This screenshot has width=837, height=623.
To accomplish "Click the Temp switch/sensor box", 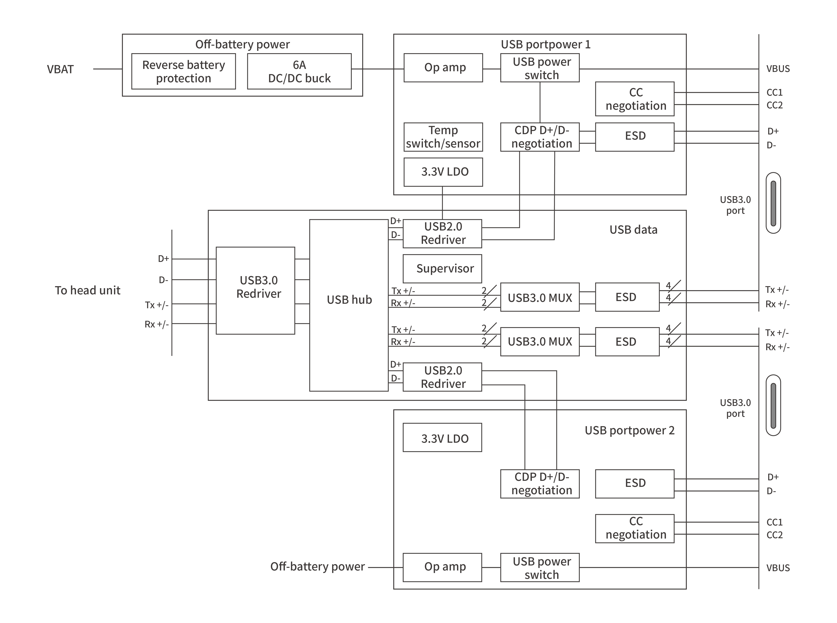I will (443, 137).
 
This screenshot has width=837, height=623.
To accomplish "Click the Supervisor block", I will (442, 268).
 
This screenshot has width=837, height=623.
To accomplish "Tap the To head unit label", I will (88, 290).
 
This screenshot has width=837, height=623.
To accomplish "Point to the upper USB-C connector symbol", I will (773, 203).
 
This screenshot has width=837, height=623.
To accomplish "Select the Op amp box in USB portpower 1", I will (443, 68).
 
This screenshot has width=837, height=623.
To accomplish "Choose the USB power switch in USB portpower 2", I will (540, 568).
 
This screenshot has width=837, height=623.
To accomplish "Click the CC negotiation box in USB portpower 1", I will (635, 99).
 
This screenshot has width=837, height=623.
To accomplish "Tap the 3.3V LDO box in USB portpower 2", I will (442, 438).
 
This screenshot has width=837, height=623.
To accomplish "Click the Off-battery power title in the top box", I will (242, 44).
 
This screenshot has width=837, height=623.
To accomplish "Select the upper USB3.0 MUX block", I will (540, 297).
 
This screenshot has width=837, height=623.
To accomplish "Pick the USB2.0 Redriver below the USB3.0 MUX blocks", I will (442, 377).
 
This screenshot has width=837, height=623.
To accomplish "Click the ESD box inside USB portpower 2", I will (635, 484).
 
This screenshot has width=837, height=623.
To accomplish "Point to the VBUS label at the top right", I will (778, 69).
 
